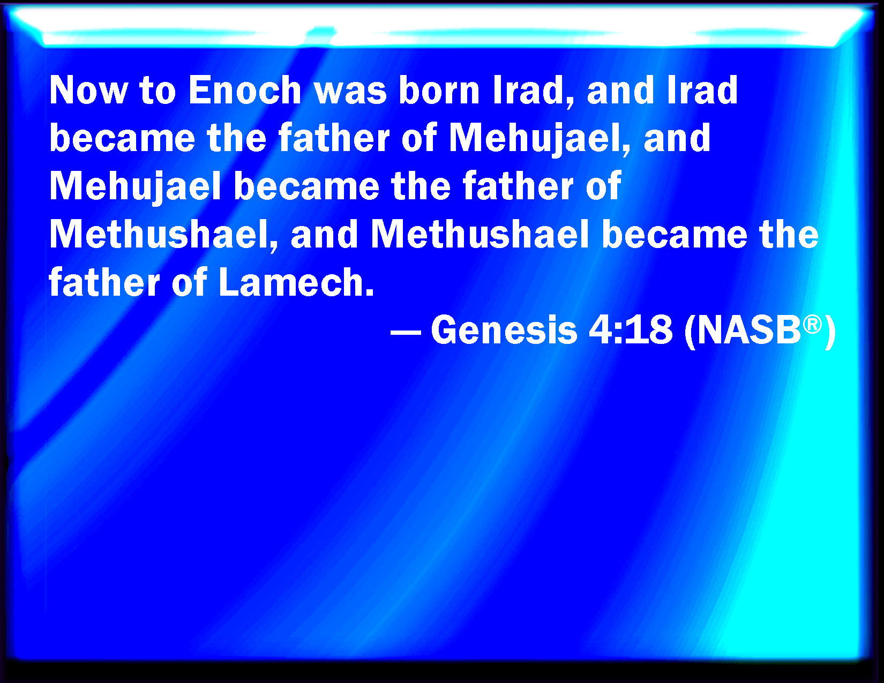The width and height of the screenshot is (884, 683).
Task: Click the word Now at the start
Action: click(x=88, y=90)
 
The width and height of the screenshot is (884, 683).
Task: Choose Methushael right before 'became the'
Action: click(x=481, y=234)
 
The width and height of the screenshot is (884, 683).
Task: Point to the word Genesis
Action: click(x=504, y=330)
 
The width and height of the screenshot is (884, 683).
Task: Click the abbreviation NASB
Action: click(x=749, y=330)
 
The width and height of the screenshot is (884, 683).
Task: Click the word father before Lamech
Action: click(x=104, y=282)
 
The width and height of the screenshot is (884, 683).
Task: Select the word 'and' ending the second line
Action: click(x=677, y=138)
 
